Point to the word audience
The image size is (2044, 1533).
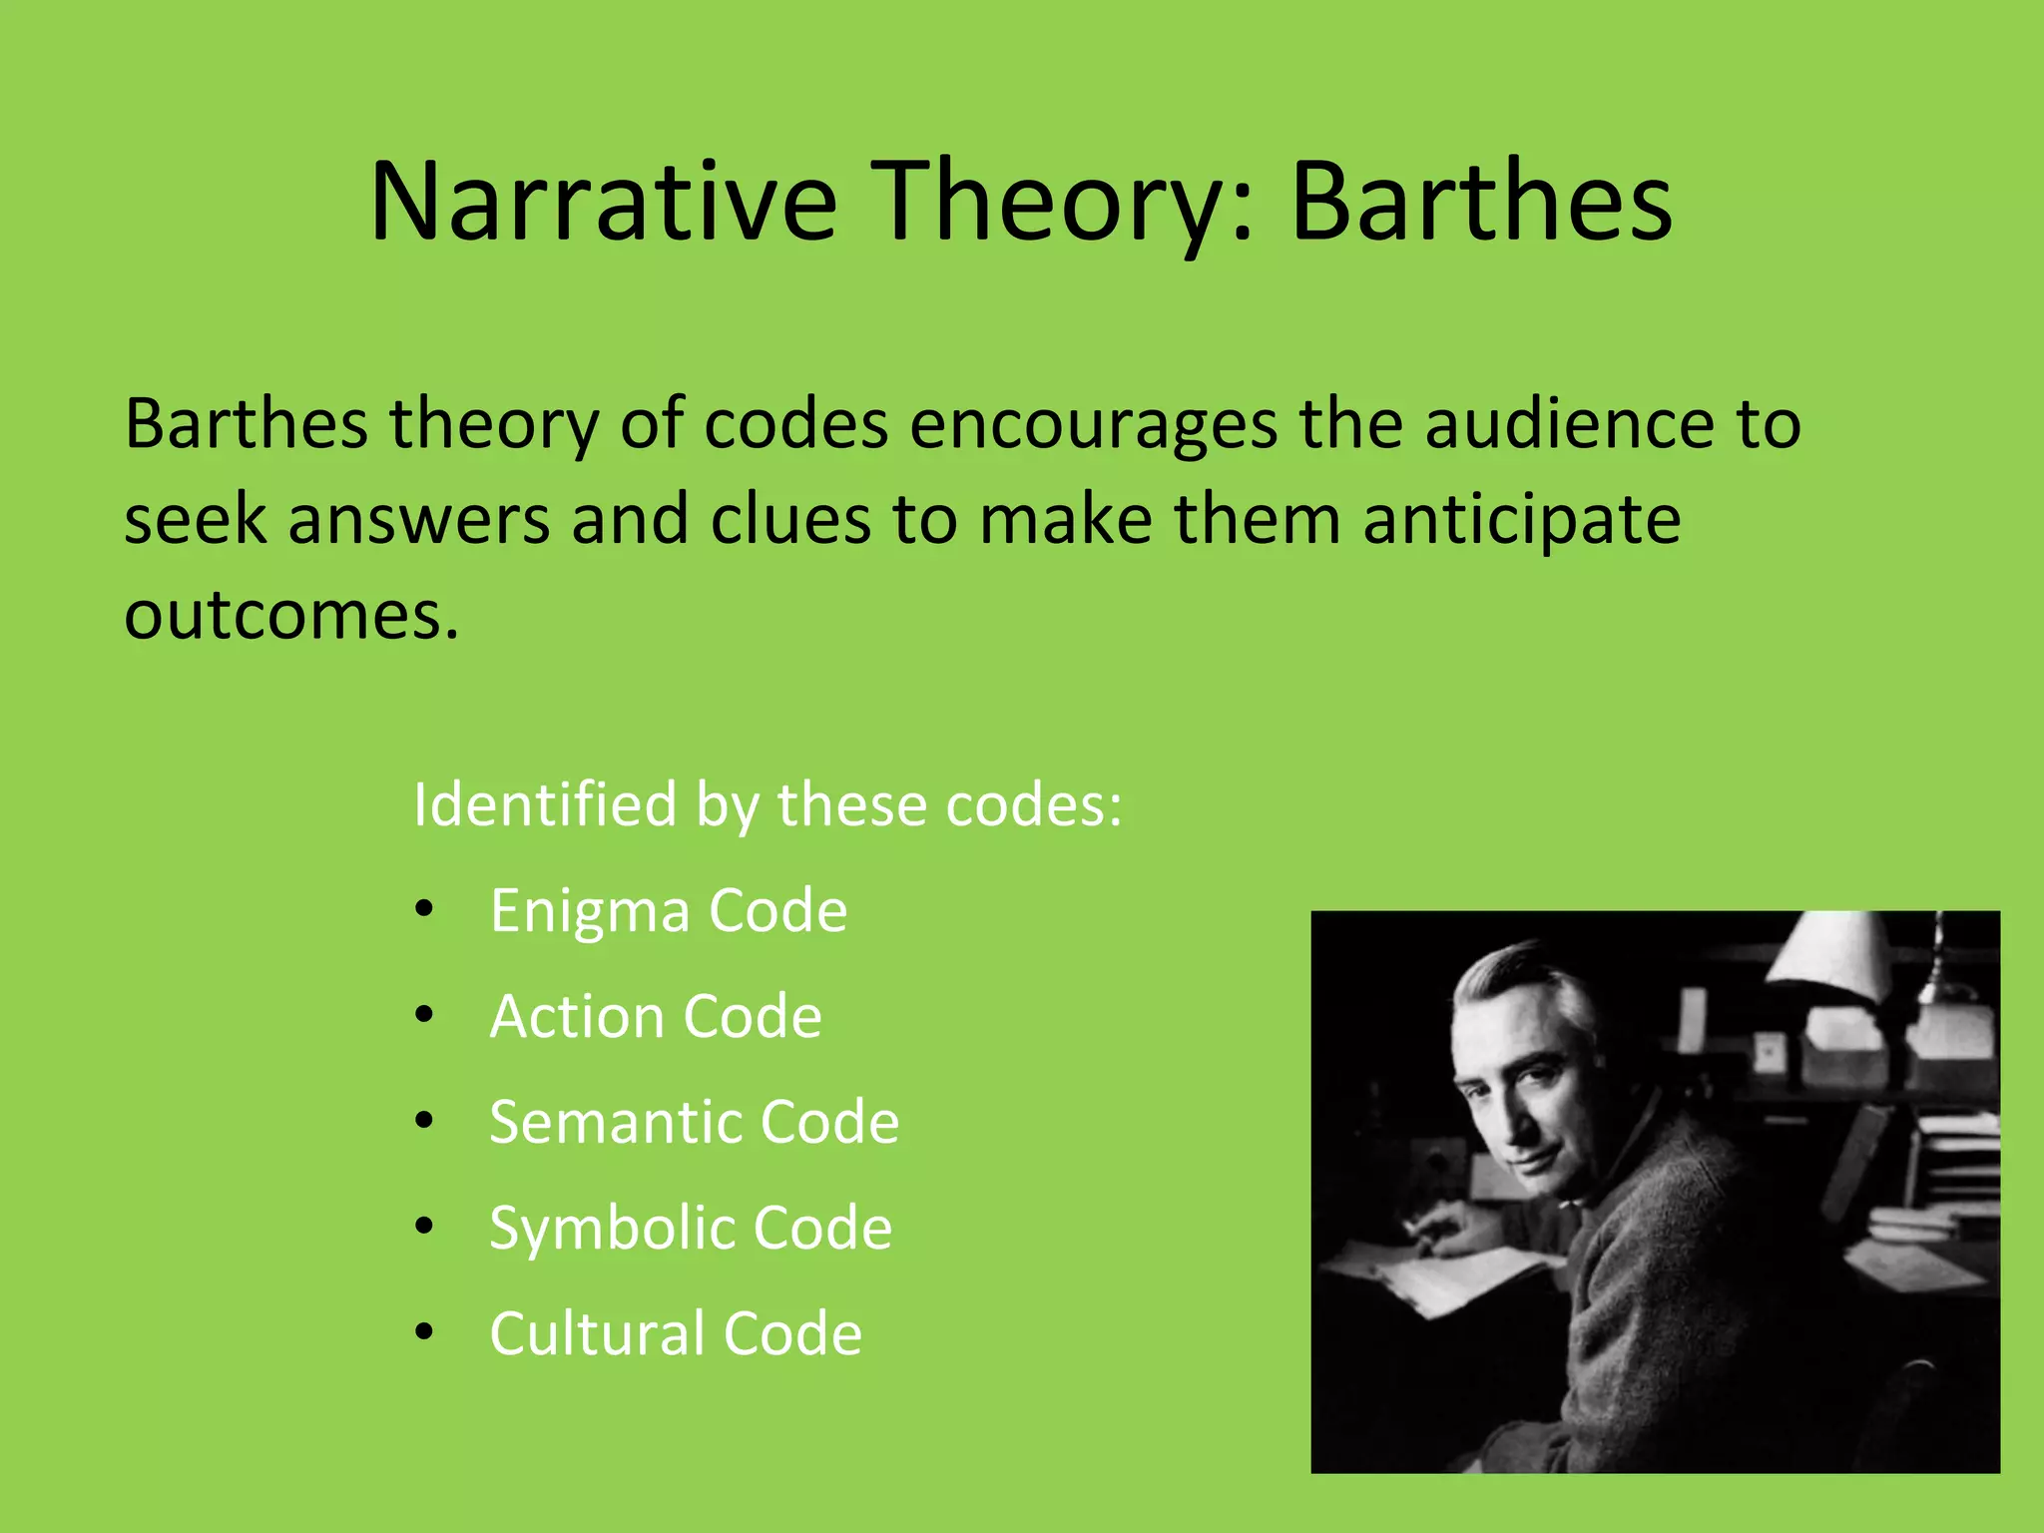click(x=1567, y=424)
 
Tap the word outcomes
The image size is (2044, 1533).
click(x=290, y=616)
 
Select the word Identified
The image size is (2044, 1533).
click(x=545, y=804)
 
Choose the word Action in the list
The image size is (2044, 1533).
click(x=576, y=1017)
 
